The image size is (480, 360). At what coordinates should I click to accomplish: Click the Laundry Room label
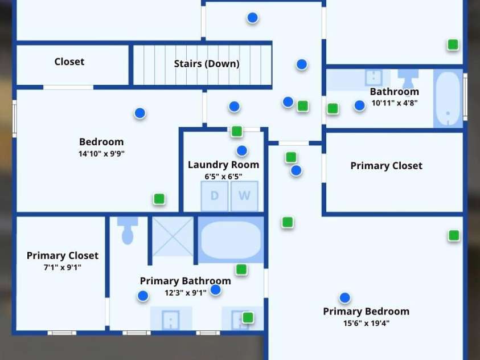[x=223, y=165]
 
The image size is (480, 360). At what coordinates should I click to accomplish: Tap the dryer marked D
[x=215, y=196]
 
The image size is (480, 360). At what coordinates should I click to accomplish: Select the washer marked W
[x=244, y=196]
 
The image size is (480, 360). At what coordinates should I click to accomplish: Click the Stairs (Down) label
[x=207, y=64]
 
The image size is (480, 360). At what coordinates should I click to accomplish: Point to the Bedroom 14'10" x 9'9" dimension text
[x=101, y=153]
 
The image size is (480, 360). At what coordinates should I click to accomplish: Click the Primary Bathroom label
[x=185, y=281]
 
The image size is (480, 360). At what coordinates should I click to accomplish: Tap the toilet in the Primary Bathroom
[x=128, y=231]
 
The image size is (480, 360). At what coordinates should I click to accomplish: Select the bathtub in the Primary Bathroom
[x=231, y=240]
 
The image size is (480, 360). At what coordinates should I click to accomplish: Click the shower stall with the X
[x=173, y=236]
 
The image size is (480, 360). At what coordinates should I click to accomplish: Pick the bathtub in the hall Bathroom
[x=448, y=99]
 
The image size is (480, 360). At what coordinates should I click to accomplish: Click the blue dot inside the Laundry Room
[x=242, y=150]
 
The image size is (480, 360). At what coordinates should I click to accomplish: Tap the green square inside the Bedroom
[x=159, y=199]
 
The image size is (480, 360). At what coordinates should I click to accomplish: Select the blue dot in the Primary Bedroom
[x=344, y=297]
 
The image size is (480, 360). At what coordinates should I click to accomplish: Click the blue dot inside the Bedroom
[x=140, y=113]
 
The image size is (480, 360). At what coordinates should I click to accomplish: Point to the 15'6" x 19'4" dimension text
[x=366, y=323]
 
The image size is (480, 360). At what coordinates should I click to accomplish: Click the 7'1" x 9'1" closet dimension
[x=63, y=267]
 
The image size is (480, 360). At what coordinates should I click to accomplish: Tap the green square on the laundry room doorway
[x=237, y=132]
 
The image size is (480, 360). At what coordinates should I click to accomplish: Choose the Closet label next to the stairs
[x=69, y=62]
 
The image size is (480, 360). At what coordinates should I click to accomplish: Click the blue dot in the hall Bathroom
[x=359, y=105]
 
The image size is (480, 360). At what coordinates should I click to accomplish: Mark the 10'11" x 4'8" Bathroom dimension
[x=395, y=103]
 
